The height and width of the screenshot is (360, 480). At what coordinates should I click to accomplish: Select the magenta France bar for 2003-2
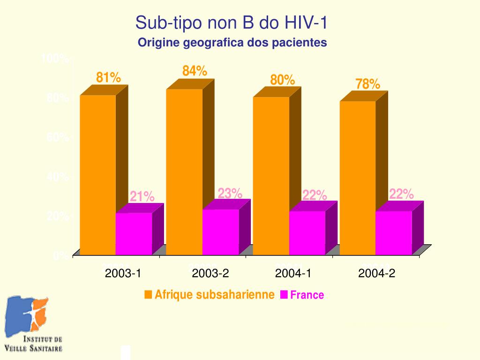pos(220,232)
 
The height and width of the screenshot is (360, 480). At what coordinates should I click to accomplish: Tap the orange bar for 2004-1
pos(271,175)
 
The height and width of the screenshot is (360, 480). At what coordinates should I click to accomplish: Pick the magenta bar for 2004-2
pos(393,232)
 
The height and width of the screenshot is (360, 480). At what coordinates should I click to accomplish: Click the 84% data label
pos(195,71)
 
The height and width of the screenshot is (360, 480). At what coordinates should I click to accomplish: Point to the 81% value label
pos(108,77)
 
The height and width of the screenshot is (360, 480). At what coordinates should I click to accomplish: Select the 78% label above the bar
pos(367,84)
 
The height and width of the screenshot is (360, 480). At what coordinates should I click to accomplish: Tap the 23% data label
pos(230,193)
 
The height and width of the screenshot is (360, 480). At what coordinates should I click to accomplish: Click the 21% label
pos(142,196)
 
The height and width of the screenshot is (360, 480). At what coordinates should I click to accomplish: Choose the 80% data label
pos(282,80)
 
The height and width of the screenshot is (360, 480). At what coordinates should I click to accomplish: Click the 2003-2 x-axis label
pos(210,273)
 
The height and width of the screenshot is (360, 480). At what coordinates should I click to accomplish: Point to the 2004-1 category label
pos(293,273)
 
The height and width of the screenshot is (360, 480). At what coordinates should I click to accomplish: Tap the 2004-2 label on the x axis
pos(376,273)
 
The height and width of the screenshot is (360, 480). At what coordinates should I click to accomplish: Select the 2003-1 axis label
pos(123,273)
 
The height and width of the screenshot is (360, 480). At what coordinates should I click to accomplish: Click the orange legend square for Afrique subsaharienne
pos(148,294)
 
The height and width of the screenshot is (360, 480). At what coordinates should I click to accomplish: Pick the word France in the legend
pos(307,295)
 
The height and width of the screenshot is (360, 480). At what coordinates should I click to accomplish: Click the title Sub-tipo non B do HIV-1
pos(231,22)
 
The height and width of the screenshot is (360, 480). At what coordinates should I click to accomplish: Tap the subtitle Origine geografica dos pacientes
pos(232,43)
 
